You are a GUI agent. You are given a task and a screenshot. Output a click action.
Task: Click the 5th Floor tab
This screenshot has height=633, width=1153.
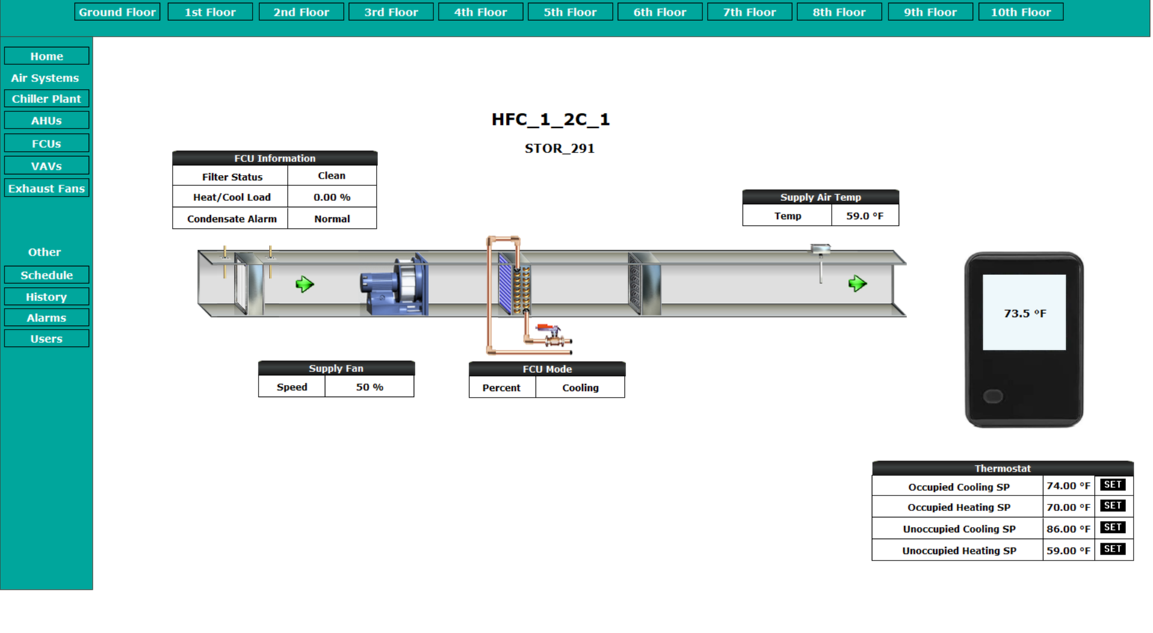[570, 12]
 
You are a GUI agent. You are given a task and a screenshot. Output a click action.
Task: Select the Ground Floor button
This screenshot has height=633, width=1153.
[117, 12]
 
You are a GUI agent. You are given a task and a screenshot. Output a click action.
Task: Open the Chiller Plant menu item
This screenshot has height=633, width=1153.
[46, 99]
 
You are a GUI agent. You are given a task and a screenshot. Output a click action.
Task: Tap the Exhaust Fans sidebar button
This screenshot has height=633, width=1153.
[46, 188]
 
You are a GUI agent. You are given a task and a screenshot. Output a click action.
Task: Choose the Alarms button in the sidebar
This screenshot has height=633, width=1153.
[46, 318]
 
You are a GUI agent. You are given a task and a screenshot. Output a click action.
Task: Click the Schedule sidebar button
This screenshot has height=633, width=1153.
[46, 275]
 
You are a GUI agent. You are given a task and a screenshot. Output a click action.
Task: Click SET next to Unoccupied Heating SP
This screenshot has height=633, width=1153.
[1113, 549]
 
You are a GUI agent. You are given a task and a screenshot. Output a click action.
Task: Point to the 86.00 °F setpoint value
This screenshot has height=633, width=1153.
[1068, 528]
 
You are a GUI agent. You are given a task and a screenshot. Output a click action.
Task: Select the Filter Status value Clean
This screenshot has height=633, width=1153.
[332, 176]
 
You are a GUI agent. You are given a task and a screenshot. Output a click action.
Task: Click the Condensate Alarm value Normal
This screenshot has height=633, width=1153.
[332, 219]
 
